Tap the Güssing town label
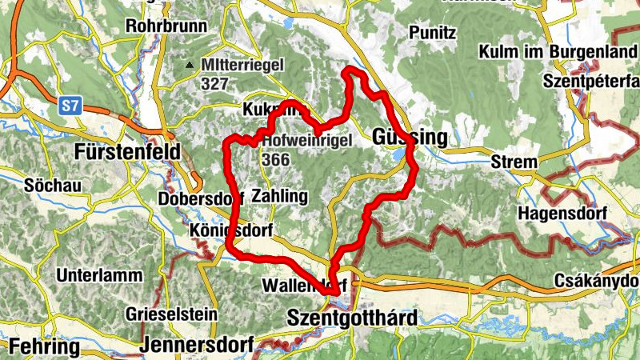click(410, 138)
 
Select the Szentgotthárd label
click(351, 318)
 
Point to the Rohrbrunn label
click(166, 26)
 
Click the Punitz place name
click(432, 33)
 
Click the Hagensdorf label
click(562, 214)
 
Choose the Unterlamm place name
click(94, 275)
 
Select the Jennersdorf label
click(196, 346)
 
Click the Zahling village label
click(278, 195)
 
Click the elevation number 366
click(275, 159)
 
